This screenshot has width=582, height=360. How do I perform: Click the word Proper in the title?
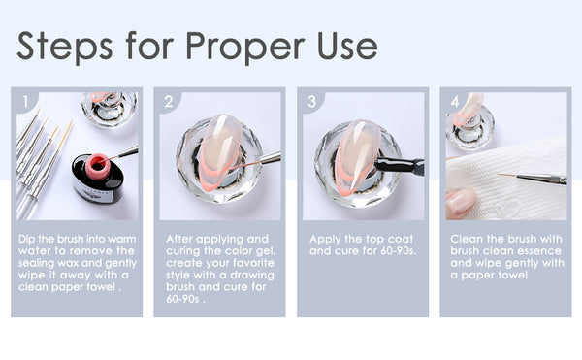[245, 47]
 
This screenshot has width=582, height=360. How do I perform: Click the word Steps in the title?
[65, 47]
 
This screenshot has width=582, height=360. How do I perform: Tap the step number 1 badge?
[25, 101]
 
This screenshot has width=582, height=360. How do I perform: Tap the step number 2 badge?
[169, 101]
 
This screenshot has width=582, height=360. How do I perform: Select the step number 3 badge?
[312, 101]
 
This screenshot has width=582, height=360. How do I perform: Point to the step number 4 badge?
[455, 101]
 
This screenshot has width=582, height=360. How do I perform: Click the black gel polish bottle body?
[98, 180]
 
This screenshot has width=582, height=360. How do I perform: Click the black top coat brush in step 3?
[400, 165]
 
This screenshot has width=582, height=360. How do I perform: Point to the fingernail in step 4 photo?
[461, 201]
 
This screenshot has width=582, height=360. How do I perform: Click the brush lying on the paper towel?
[533, 179]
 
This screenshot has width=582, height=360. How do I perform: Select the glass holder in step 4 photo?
[469, 125]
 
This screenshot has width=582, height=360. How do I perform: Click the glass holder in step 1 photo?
[110, 109]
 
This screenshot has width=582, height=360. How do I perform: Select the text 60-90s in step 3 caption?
[399, 251]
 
